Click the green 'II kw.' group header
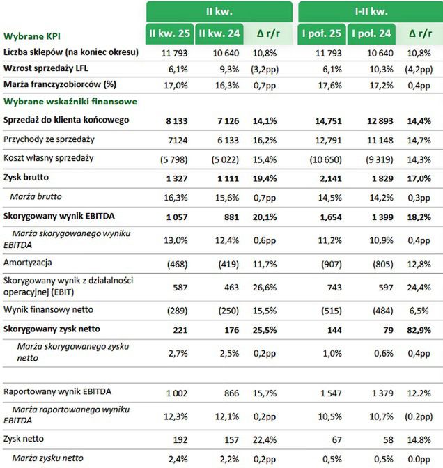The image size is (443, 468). (x=219, y=11)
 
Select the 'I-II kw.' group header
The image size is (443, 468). (x=371, y=11)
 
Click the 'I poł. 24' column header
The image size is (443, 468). (x=371, y=33)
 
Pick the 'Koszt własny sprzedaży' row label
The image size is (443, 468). (x=48, y=158)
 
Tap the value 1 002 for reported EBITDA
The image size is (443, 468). (x=176, y=393)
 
